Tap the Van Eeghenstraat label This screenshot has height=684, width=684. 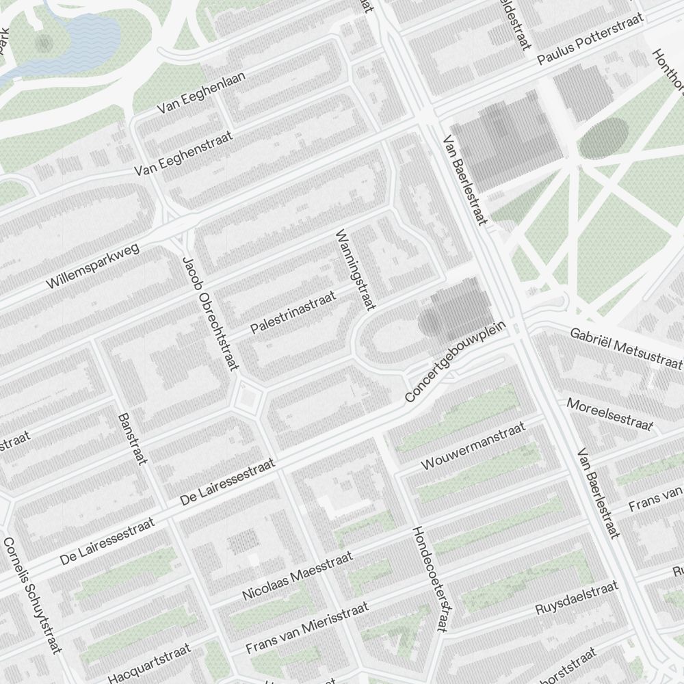point(184,153)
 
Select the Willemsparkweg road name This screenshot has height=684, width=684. point(93,265)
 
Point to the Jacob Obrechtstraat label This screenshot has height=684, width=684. point(211,313)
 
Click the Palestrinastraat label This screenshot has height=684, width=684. point(293,313)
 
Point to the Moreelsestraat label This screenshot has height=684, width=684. point(609,414)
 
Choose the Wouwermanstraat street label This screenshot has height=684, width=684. point(473,446)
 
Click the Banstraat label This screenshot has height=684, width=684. point(133,438)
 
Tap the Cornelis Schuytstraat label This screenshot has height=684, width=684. point(32,595)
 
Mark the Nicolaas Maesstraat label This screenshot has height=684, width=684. point(298,576)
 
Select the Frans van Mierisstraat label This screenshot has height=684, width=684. point(307,627)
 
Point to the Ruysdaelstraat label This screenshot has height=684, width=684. point(577,598)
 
